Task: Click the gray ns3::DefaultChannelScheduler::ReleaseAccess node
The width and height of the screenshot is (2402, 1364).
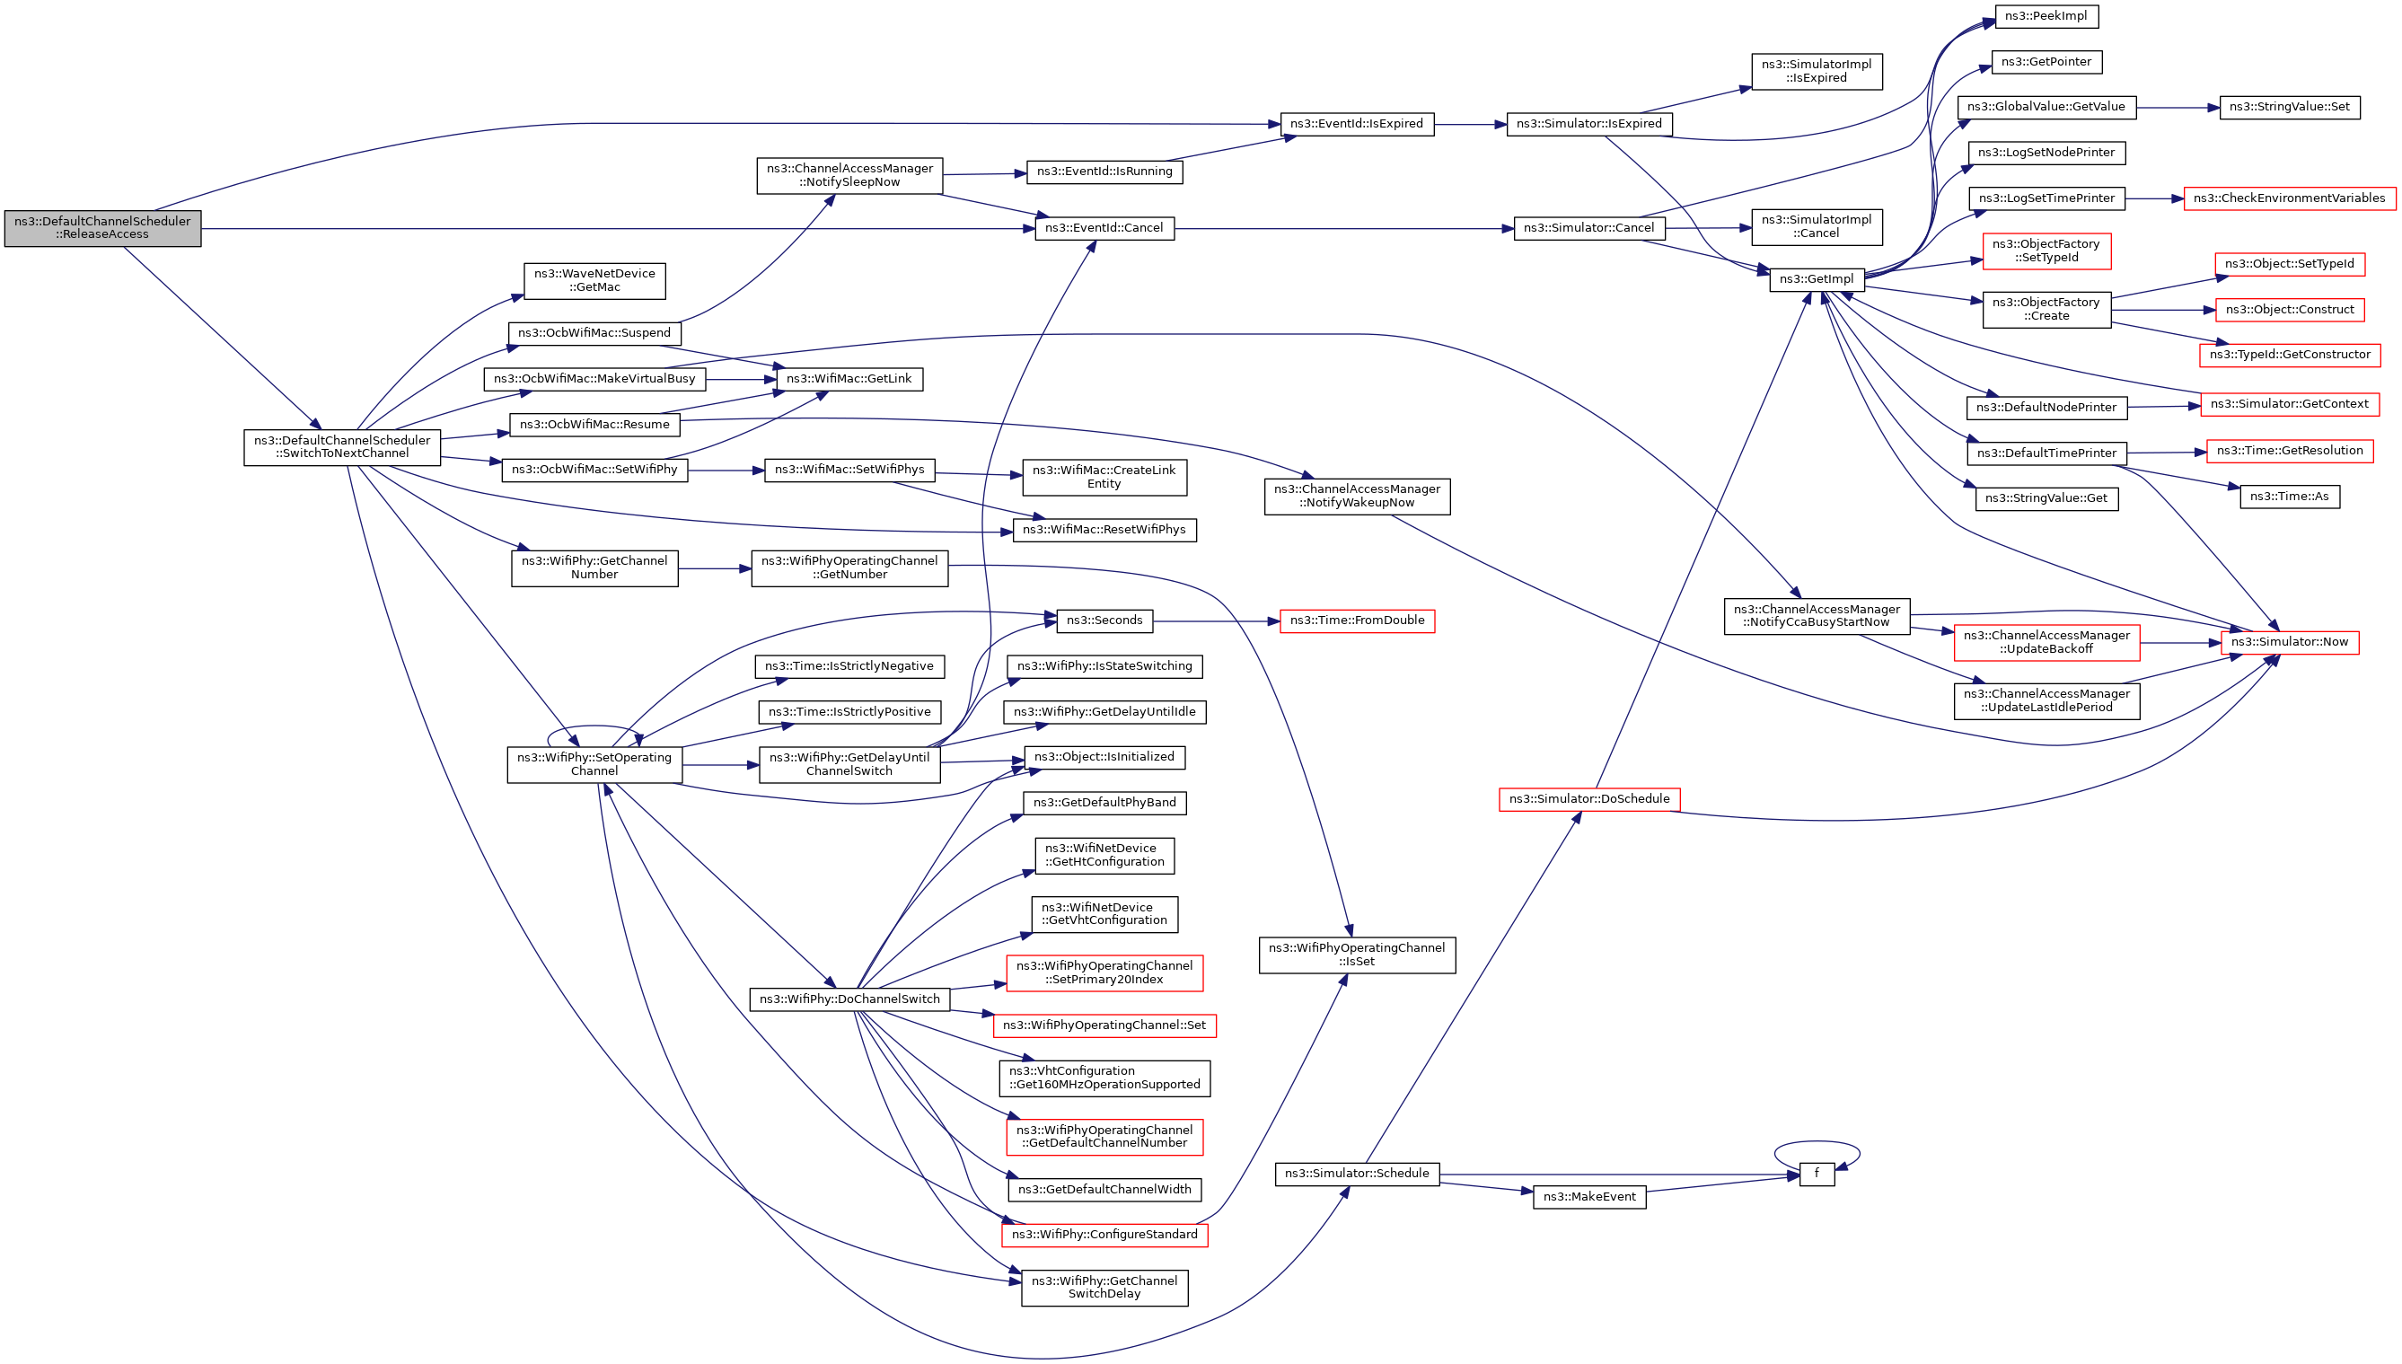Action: [x=102, y=229]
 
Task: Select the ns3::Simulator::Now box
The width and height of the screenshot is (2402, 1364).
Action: [x=2289, y=643]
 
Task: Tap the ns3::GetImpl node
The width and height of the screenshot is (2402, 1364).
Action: [x=1816, y=279]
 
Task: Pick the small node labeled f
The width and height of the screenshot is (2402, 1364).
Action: [x=1816, y=1174]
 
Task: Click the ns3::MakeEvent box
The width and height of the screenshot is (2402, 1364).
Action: [x=1588, y=1197]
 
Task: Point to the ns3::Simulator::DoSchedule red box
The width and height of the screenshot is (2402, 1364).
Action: [x=1588, y=799]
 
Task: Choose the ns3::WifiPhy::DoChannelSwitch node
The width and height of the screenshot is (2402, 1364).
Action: [x=849, y=999]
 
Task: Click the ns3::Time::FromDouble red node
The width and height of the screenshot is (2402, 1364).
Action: [x=1357, y=621]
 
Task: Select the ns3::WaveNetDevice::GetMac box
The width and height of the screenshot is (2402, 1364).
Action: [x=594, y=281]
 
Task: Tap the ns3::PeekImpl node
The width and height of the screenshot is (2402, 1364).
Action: [x=2046, y=17]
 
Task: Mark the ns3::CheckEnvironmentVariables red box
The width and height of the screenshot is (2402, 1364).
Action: [x=2289, y=198]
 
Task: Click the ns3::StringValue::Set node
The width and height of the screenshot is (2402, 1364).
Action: [x=2289, y=108]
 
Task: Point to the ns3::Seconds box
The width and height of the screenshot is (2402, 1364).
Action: [x=1104, y=621]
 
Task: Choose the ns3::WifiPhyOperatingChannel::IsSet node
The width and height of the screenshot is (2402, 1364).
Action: [x=1357, y=955]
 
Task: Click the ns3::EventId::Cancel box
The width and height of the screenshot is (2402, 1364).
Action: [x=1104, y=229]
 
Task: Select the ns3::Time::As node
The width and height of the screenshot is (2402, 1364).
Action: [x=2289, y=497]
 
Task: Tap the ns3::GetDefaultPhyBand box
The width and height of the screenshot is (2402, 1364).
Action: [x=1104, y=803]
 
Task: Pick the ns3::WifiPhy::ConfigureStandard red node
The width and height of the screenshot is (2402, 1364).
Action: [x=1104, y=1235]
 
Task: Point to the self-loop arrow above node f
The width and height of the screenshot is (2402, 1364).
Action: [x=1816, y=1142]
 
